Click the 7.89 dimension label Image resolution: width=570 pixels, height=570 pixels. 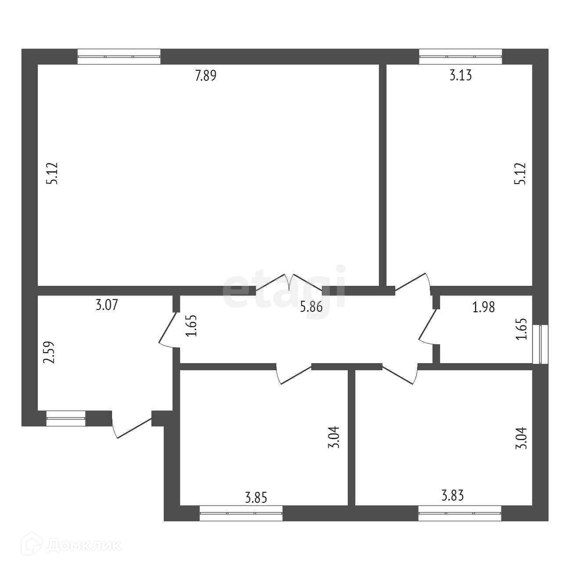click(206, 75)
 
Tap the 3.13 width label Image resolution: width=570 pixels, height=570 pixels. click(461, 75)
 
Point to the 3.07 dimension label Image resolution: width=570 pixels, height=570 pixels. click(107, 305)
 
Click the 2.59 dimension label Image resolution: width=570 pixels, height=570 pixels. click(49, 353)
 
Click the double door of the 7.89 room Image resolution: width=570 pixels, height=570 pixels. click(289, 282)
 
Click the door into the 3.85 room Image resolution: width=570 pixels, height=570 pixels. click(293, 375)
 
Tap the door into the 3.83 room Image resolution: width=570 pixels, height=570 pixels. click(400, 375)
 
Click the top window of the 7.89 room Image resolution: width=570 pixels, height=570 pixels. click(119, 56)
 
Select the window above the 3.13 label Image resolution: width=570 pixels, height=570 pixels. click(461, 56)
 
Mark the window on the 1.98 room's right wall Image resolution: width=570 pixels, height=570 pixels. click(540, 344)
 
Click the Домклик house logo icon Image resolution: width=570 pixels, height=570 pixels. click(32, 545)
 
